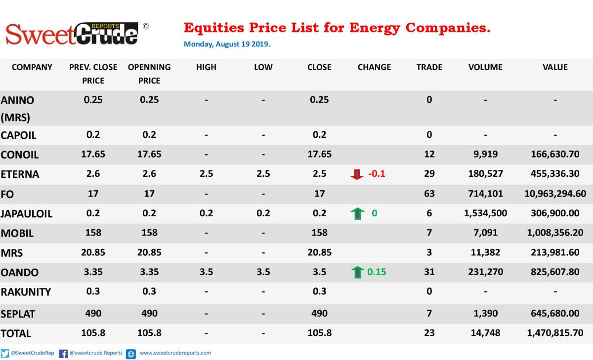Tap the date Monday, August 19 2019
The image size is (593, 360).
(x=227, y=44)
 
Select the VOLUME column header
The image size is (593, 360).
(x=485, y=67)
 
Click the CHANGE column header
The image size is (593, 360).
(x=374, y=67)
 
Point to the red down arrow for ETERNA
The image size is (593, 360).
(x=357, y=174)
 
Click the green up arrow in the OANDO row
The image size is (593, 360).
(x=357, y=272)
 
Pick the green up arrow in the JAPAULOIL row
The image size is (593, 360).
(x=357, y=213)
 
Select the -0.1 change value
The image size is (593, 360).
(x=377, y=173)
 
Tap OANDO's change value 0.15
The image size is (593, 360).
(x=377, y=272)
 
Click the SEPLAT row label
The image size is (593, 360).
(x=17, y=314)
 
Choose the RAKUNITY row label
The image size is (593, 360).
(x=25, y=292)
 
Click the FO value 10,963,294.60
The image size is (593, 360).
(x=555, y=194)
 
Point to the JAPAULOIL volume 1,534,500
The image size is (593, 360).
(x=485, y=213)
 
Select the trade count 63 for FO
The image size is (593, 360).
(x=429, y=194)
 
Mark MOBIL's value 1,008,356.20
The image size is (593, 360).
(x=555, y=233)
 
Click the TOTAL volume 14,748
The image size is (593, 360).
(x=485, y=333)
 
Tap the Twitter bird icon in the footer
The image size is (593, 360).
(x=4, y=354)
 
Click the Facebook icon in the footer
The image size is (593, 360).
(x=63, y=354)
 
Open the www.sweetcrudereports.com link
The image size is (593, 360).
(x=175, y=353)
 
